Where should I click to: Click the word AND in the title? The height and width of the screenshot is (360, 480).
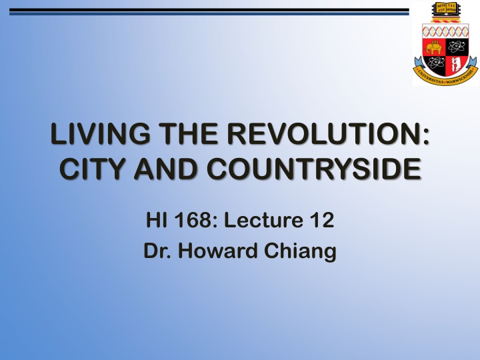click(167, 167)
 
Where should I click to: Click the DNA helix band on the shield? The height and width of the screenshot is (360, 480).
click(445, 31)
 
